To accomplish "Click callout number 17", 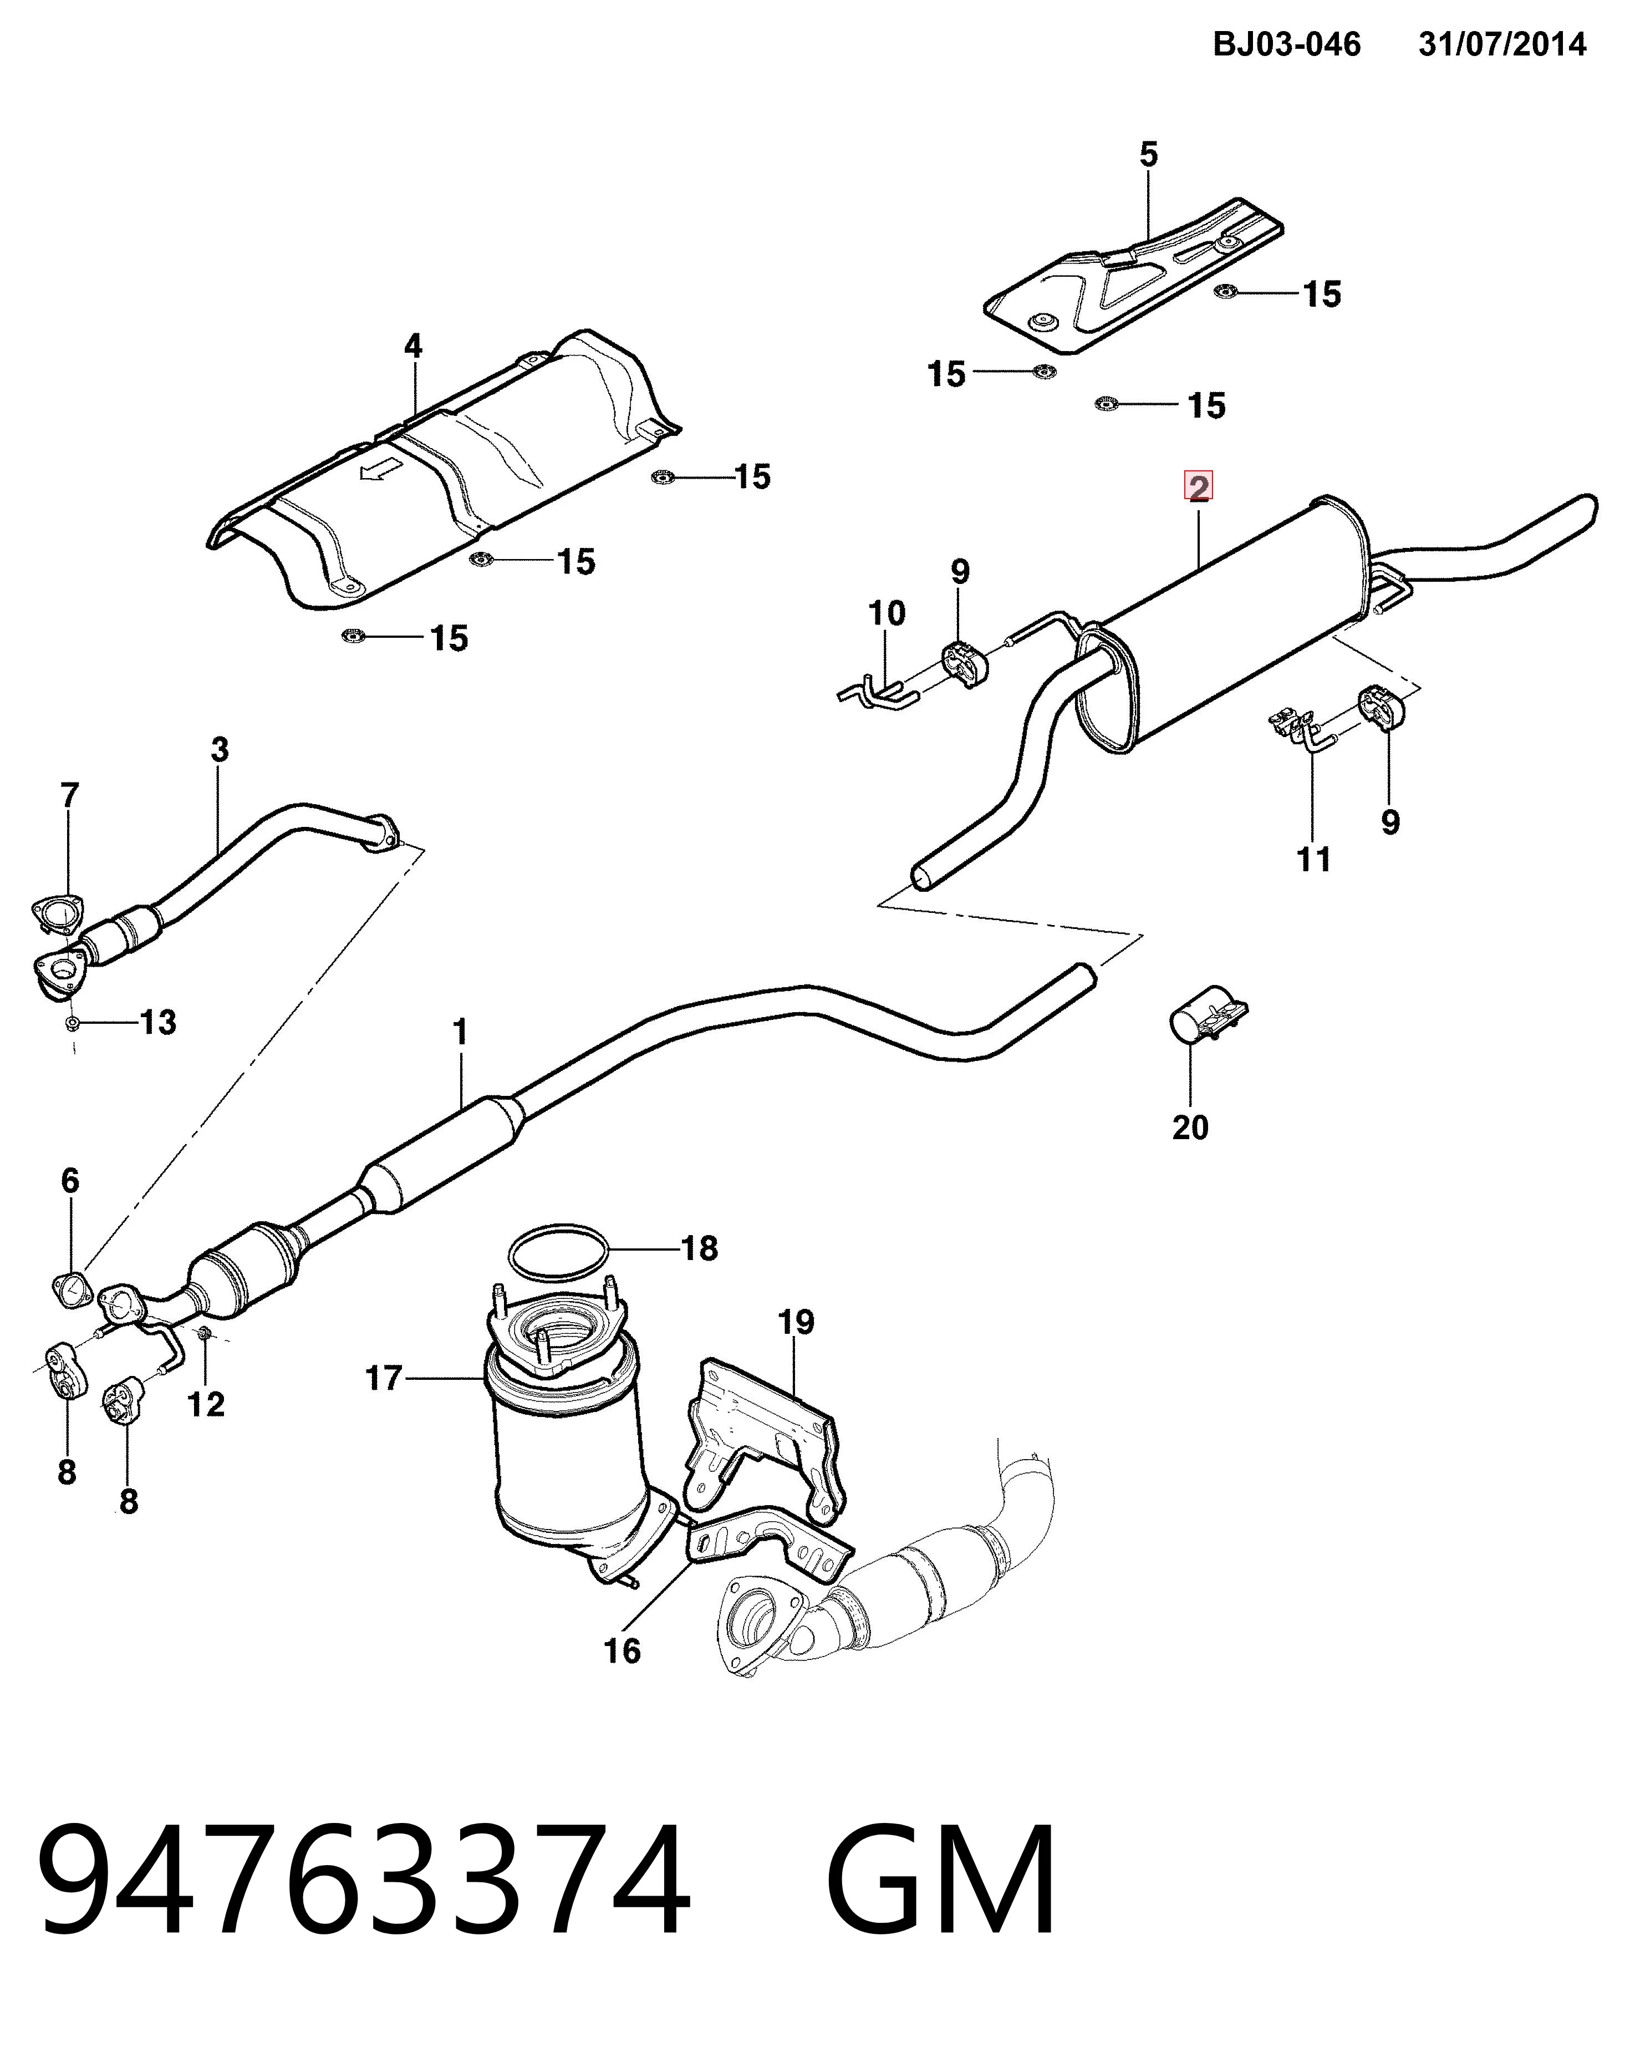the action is click(384, 1378).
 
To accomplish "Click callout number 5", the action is click(1149, 154).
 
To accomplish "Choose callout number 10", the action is click(887, 613).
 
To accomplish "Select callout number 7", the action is click(69, 795).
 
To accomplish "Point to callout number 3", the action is click(220, 750).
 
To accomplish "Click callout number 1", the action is click(461, 1032).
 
